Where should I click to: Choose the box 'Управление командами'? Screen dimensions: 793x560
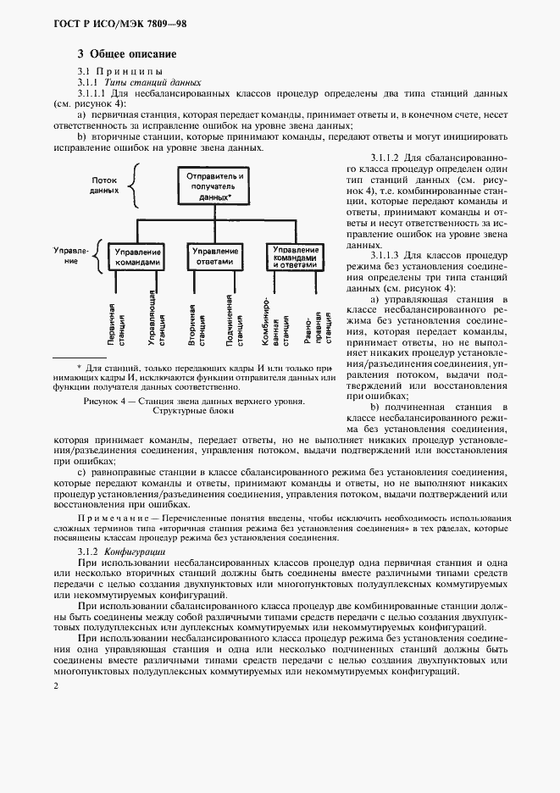tap(136, 257)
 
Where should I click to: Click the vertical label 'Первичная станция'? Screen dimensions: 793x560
tap(117, 322)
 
